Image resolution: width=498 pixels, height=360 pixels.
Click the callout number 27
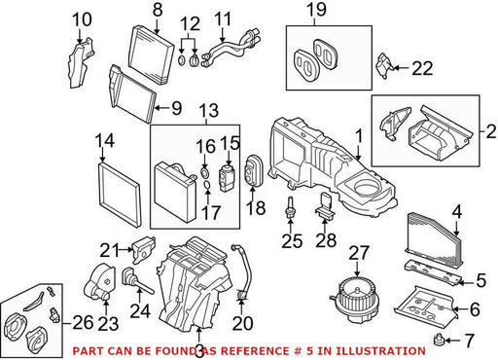359,253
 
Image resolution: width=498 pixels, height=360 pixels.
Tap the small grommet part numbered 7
439,340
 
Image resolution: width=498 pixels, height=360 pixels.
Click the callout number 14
104,141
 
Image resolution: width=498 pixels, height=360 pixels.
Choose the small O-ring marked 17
207,185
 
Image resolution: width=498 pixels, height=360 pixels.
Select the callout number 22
422,68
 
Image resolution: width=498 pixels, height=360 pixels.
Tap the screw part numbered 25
289,207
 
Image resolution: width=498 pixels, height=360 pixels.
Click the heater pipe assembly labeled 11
231,48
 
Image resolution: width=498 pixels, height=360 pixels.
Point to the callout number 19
316,10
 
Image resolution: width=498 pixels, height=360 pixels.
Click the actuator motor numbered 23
99,282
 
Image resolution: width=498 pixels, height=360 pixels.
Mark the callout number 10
82,19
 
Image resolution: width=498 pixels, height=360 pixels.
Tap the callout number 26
83,323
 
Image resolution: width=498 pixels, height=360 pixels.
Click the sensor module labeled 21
143,249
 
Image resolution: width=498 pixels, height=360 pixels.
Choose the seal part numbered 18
252,170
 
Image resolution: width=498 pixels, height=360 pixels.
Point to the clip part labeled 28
324,205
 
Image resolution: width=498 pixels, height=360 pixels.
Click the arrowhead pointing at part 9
157,108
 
